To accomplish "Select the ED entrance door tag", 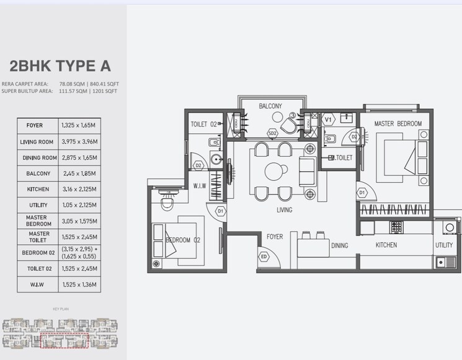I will [264, 257].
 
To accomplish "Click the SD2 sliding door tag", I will [272, 133].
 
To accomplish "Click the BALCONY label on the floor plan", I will [270, 107].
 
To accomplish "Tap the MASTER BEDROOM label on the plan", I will [398, 124].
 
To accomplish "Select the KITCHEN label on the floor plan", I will [386, 245].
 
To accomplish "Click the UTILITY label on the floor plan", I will [444, 245].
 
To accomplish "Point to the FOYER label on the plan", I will [275, 237].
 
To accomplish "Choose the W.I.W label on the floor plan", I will [200, 186].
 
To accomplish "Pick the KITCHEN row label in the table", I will [38, 189].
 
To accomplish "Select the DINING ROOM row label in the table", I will [38, 158].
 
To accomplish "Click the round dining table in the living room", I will [273, 171].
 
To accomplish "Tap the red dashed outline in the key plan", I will [64, 340].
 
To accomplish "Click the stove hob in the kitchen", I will [396, 226].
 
